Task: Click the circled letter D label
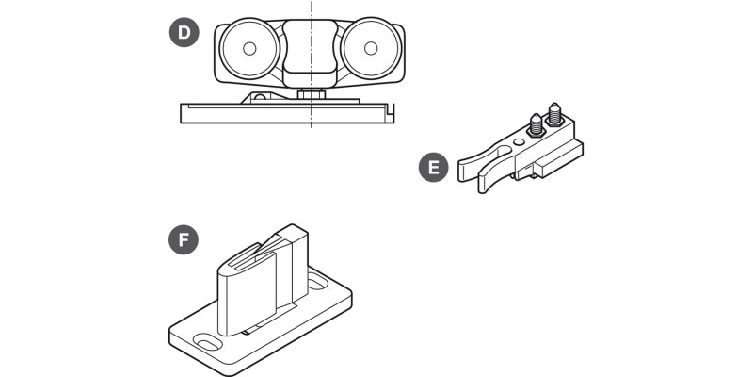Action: (x=184, y=35)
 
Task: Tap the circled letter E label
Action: (x=433, y=169)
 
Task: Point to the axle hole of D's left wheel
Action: (x=249, y=48)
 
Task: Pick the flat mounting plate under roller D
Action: (x=282, y=113)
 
